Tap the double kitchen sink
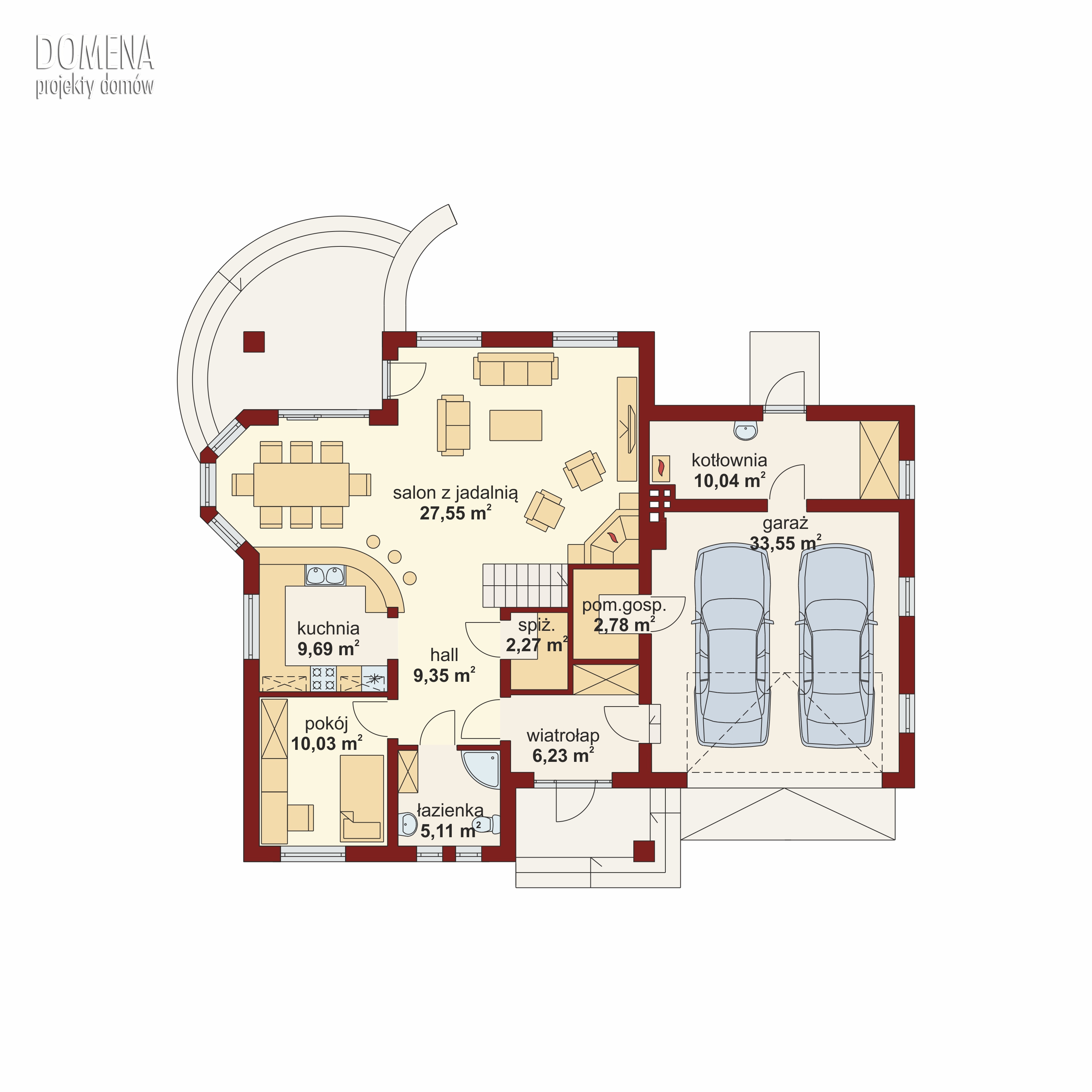point(325,575)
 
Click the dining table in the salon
point(301,485)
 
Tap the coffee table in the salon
point(515,425)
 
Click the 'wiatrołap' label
point(563,736)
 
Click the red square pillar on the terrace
point(254,341)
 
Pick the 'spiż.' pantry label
point(537,626)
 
